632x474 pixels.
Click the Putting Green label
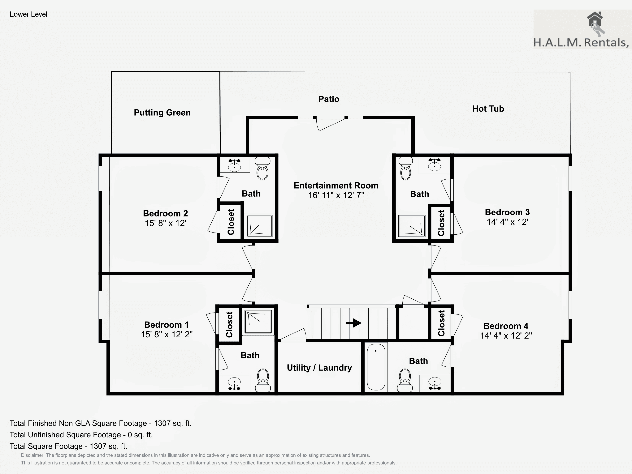162,113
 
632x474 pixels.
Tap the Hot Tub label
488,109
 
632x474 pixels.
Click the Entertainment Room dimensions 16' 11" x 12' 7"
336,195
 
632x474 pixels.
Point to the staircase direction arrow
353,323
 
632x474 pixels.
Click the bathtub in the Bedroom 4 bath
376,367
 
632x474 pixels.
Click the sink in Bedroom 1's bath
235,383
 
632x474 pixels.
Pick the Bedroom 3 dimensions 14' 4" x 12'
507,222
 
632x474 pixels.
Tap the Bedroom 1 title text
166,325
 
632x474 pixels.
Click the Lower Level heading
28,14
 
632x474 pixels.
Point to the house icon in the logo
595,19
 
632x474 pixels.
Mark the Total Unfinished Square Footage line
81,435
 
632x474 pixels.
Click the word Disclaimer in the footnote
32,455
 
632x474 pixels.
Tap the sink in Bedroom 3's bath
435,164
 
